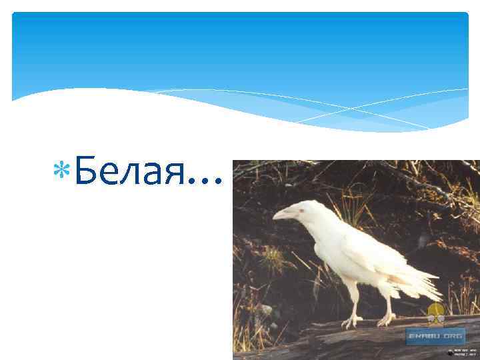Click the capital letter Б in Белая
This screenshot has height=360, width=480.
pos(85,173)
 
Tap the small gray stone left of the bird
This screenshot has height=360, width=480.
pos(267,310)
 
